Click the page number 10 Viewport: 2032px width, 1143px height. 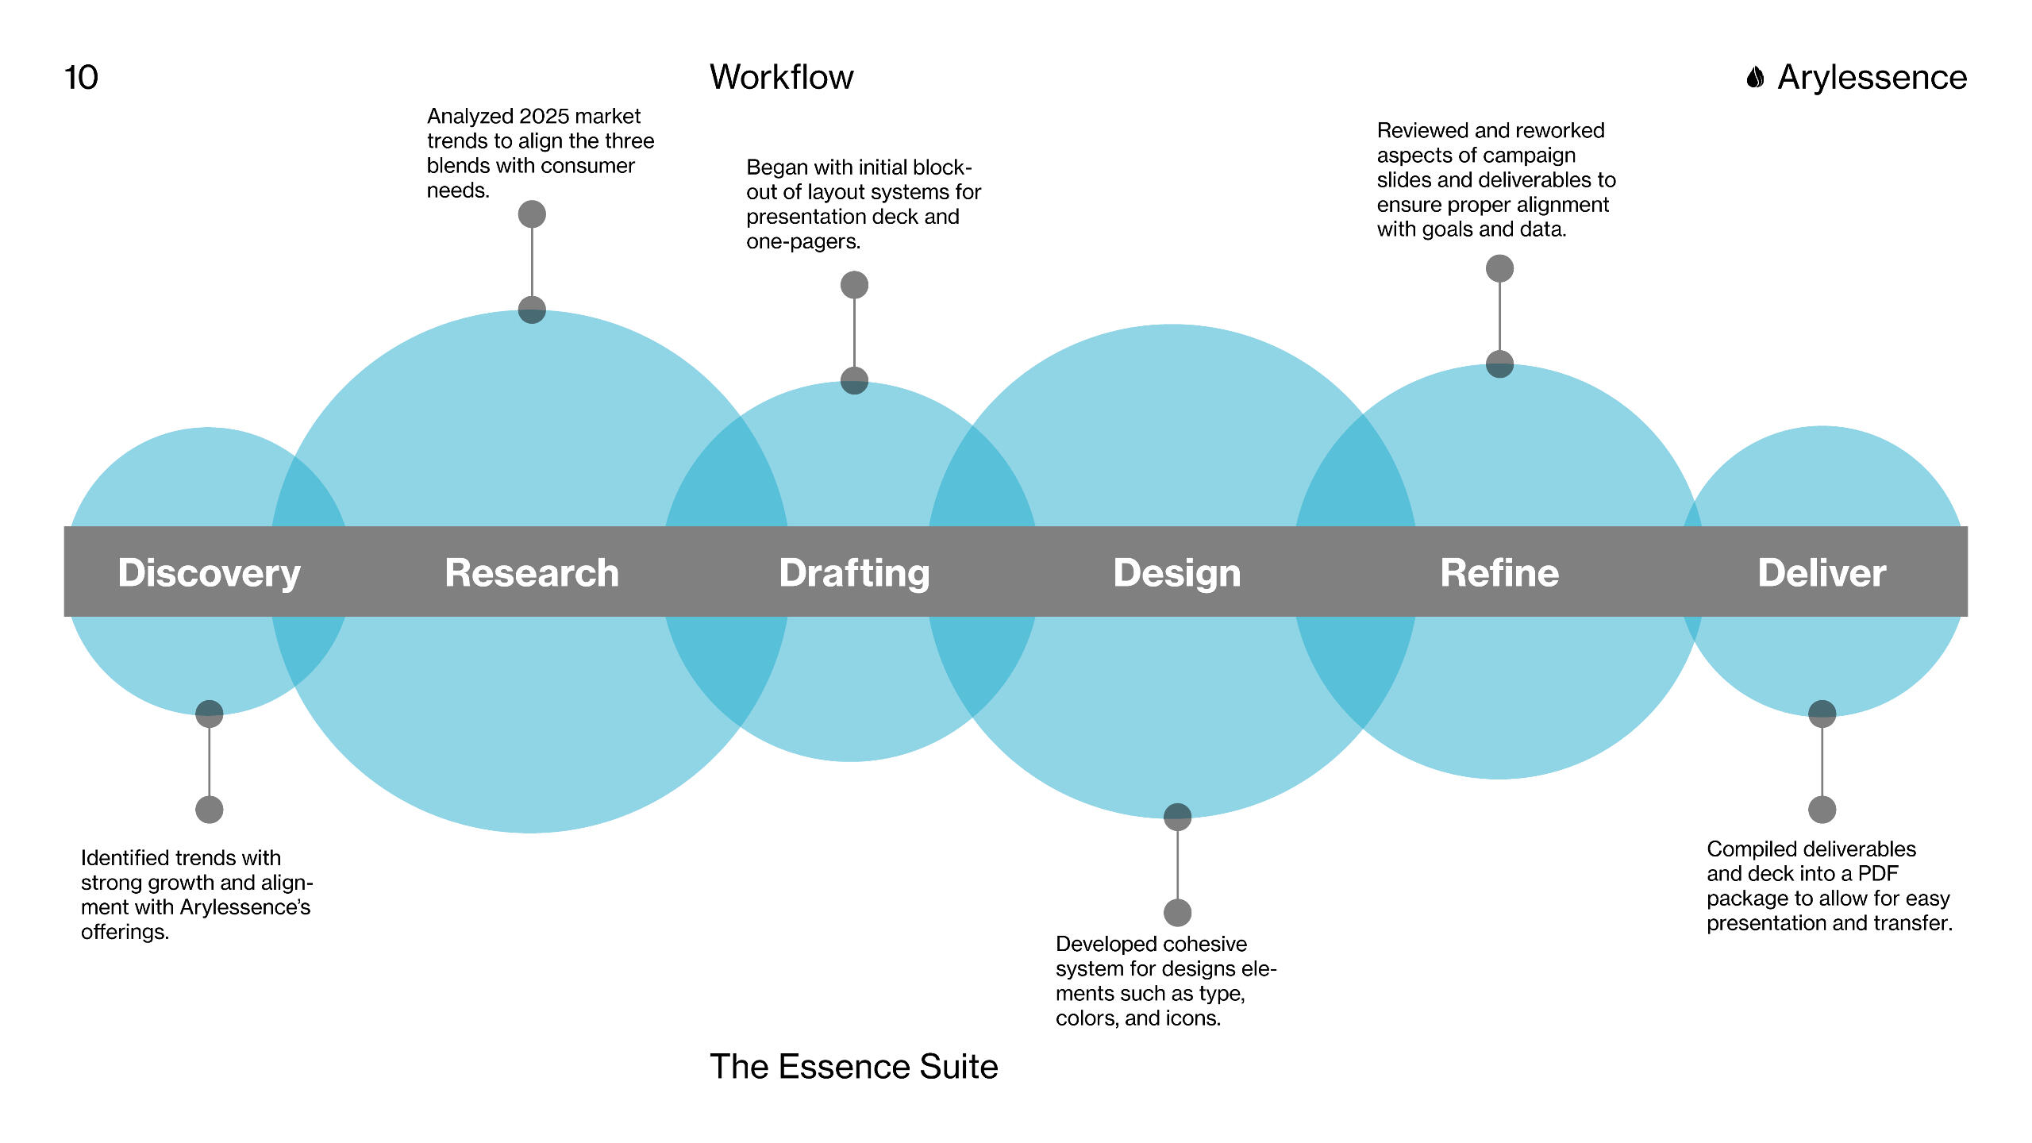click(x=81, y=78)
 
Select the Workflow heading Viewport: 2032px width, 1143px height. click(x=781, y=78)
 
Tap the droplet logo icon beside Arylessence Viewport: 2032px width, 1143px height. click(x=1755, y=78)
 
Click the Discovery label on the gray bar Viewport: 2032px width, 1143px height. click(x=210, y=573)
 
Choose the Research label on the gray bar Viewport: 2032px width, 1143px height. click(x=532, y=572)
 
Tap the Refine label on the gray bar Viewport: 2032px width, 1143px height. click(x=1499, y=572)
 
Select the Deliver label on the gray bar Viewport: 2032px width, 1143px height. click(x=1822, y=572)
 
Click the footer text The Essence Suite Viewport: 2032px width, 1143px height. click(x=854, y=1067)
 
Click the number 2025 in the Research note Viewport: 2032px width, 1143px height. click(x=541, y=117)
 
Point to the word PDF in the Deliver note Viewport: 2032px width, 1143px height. click(x=1878, y=874)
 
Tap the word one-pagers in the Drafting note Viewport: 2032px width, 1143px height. click(x=803, y=241)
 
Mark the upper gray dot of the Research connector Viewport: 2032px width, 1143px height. click(x=532, y=214)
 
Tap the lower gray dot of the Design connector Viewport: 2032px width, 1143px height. click(x=1177, y=913)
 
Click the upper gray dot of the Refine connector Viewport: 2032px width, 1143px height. click(x=1499, y=269)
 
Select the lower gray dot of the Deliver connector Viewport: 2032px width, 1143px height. click(x=1822, y=810)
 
